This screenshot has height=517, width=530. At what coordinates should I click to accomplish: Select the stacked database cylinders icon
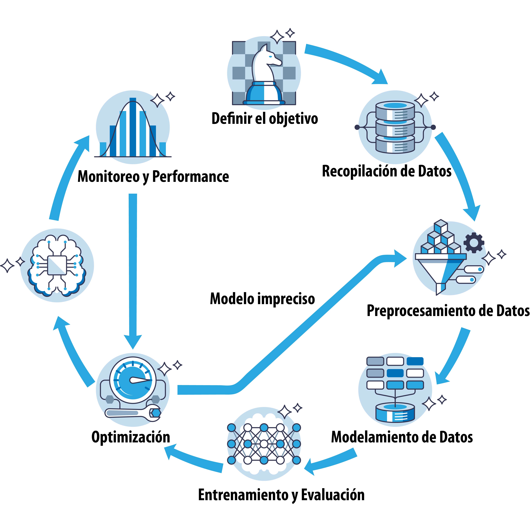pyautogui.click(x=395, y=127)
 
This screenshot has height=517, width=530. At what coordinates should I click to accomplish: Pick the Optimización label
pyautogui.click(x=131, y=437)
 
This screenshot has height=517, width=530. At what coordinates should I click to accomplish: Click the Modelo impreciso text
pyautogui.click(x=262, y=299)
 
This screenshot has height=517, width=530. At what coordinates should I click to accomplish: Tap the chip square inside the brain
pyautogui.click(x=57, y=265)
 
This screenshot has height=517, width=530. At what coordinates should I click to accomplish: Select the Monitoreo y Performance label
pyautogui.click(x=153, y=177)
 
